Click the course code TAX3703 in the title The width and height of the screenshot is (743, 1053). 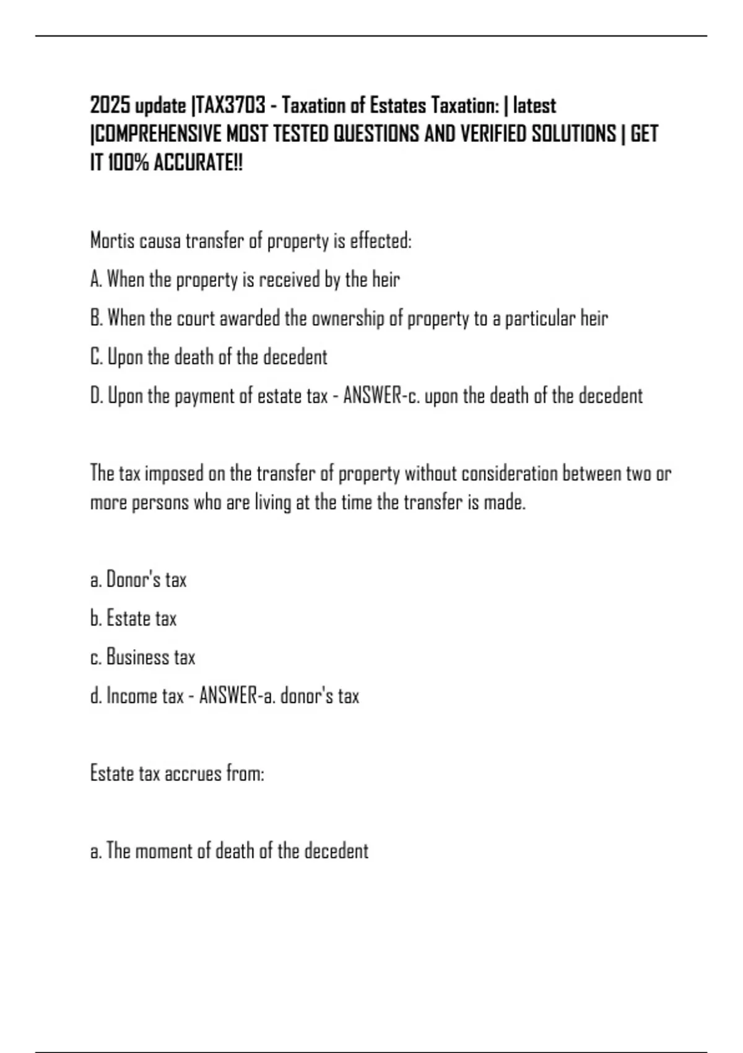coord(230,106)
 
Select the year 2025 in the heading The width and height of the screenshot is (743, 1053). coord(110,106)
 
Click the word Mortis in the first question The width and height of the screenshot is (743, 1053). coord(112,240)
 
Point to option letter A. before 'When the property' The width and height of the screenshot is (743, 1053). coord(96,279)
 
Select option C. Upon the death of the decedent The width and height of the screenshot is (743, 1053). coord(209,357)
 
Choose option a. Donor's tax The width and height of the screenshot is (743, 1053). coord(138,580)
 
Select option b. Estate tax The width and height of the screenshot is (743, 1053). coord(133,619)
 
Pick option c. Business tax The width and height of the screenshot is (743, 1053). coord(142,657)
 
